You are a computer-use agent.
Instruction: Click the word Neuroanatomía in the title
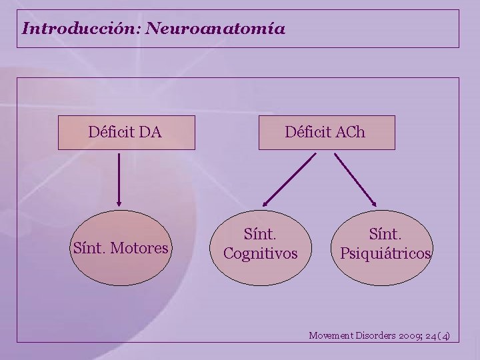pos(215,29)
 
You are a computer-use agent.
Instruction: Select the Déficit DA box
pos(126,132)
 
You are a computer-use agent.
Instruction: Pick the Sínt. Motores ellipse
pos(120,248)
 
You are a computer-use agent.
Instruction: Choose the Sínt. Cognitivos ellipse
pos(260,244)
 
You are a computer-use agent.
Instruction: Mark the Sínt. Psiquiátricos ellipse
pos(385,244)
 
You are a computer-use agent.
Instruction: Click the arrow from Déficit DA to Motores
pos(119,179)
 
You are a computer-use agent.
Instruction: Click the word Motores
pos(141,249)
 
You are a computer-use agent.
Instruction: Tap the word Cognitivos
pos(260,253)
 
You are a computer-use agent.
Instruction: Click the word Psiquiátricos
pos(386,253)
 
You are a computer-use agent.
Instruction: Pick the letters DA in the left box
pos(151,132)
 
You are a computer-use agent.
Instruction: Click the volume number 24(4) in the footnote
pos(441,335)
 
